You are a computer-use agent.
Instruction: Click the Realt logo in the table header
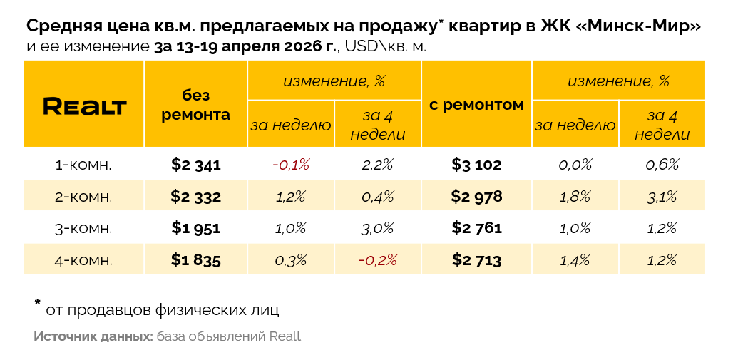(84, 106)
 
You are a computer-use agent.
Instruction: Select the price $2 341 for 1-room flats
(196, 165)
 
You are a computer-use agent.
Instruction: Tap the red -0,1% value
(291, 165)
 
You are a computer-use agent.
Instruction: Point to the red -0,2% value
(378, 260)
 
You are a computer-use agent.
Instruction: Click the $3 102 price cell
(476, 165)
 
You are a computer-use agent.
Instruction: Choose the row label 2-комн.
(83, 197)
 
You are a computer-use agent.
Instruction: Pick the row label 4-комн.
(83, 260)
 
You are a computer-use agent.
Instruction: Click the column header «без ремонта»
(196, 105)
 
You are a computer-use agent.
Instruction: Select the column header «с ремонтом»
(476, 105)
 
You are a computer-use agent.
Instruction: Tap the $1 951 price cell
(196, 228)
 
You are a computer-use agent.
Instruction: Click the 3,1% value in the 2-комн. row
(662, 197)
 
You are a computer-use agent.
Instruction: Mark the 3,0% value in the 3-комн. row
(378, 228)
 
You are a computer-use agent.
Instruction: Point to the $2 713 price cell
(476, 260)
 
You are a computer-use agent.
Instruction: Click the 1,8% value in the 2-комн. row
(575, 197)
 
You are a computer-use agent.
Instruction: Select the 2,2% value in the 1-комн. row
(378, 165)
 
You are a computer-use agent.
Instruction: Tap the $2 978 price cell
(476, 197)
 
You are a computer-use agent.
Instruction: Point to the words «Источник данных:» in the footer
(93, 336)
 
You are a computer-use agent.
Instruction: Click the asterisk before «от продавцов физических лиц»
(38, 304)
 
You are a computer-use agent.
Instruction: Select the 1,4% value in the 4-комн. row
(575, 260)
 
